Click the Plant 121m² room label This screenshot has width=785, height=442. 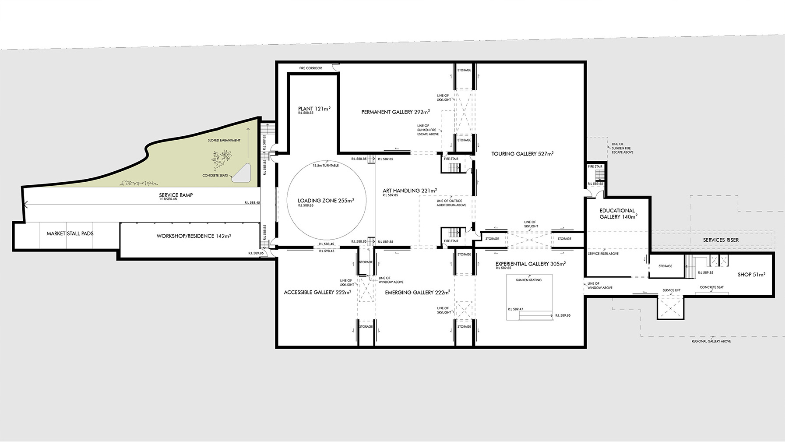click(x=313, y=109)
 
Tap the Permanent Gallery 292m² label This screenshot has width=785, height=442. click(x=395, y=112)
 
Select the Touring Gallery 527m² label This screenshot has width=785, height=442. click(x=522, y=154)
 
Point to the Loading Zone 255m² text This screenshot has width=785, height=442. click(x=326, y=201)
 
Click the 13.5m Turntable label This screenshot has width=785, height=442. click(x=325, y=166)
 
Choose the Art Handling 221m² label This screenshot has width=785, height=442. click(x=410, y=191)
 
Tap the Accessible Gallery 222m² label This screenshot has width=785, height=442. click(x=317, y=292)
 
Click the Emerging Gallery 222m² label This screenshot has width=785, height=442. click(x=417, y=292)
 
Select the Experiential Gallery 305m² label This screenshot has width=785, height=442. click(x=530, y=264)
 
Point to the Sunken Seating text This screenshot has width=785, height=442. click(x=528, y=280)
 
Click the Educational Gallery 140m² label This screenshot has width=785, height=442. click(x=618, y=213)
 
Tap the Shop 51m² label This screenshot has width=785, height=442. click(x=751, y=275)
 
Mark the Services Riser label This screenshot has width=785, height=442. click(x=721, y=240)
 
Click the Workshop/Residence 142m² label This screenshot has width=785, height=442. click(x=194, y=236)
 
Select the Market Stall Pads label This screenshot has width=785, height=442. click(x=70, y=233)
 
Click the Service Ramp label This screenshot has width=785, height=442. click(x=176, y=195)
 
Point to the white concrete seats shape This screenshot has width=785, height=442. click(x=241, y=173)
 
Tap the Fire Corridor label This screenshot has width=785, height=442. click(x=310, y=68)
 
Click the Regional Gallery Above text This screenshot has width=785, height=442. click(x=711, y=341)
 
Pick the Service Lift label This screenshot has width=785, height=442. click(x=671, y=290)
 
